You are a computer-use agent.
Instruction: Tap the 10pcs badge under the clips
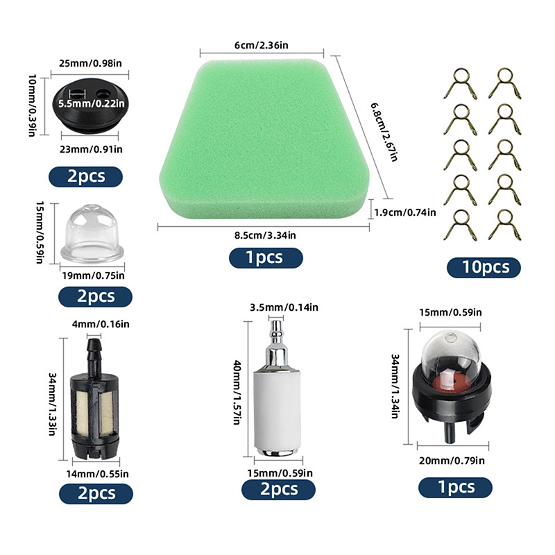click(x=484, y=267)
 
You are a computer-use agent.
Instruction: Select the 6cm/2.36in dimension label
click(x=262, y=45)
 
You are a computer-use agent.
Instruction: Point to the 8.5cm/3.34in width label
click(x=265, y=235)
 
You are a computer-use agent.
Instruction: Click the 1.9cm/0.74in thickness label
click(x=405, y=212)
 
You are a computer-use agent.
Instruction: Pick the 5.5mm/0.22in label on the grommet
click(x=92, y=103)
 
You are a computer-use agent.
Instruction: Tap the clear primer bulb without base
click(x=92, y=234)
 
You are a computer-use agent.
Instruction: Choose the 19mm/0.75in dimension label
click(x=94, y=275)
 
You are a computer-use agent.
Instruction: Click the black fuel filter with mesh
click(x=94, y=400)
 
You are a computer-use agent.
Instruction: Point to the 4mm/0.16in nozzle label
click(x=101, y=324)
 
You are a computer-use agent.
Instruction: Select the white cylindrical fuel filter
click(x=277, y=389)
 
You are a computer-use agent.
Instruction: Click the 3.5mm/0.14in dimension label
click(x=284, y=307)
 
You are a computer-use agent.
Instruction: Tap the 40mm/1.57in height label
click(x=237, y=392)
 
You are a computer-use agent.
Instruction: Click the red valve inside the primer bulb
click(x=450, y=379)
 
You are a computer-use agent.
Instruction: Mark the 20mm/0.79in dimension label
click(x=452, y=461)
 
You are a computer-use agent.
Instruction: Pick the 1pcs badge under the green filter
click(x=266, y=257)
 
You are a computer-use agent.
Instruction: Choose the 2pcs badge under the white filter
click(x=278, y=490)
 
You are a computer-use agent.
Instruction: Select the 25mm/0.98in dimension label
click(x=90, y=63)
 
